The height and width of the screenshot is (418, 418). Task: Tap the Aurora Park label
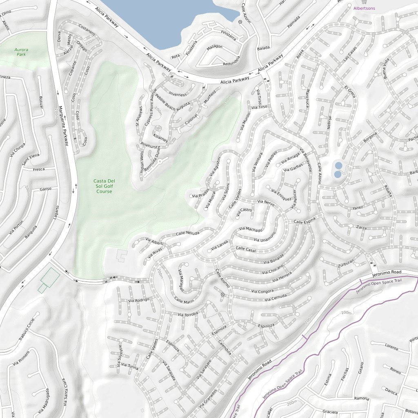pos(21,52)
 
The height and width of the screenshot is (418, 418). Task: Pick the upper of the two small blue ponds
pos(338,165)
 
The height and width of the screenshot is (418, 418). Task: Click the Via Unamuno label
pos(265,240)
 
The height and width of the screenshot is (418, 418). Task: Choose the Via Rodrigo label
pos(138,300)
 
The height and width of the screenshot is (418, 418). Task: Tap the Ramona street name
pos(362,398)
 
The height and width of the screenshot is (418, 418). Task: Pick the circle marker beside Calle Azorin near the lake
pos(240,22)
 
